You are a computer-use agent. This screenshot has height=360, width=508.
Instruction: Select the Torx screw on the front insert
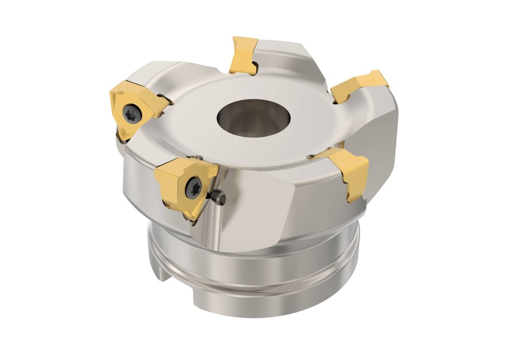point(192,187)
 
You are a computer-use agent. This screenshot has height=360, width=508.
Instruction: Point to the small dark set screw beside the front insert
point(219,198)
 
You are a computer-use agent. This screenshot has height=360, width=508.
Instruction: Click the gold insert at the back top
point(244,54)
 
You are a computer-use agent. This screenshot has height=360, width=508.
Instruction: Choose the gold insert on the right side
point(350,172)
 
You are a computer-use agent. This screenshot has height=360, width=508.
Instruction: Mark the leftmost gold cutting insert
point(134,109)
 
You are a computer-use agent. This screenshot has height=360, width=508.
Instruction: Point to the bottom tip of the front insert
point(191,218)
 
